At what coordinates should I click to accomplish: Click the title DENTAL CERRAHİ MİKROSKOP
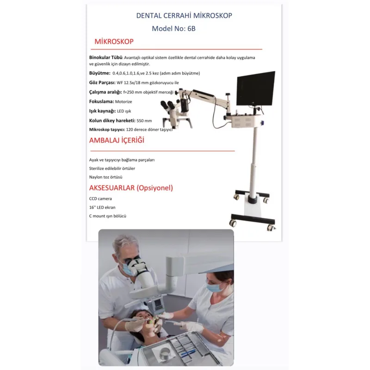184,16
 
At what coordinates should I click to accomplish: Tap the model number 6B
191,28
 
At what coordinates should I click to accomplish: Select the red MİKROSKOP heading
114,42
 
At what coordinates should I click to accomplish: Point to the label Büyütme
99,73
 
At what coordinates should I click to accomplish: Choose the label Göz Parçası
102,82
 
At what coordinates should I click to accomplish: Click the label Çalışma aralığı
105,92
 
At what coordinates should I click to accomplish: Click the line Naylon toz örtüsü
106,177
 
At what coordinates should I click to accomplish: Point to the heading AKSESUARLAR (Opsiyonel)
131,188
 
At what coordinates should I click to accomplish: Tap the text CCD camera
101,198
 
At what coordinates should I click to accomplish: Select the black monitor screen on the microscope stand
255,89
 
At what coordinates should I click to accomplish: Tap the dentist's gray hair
123,242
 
